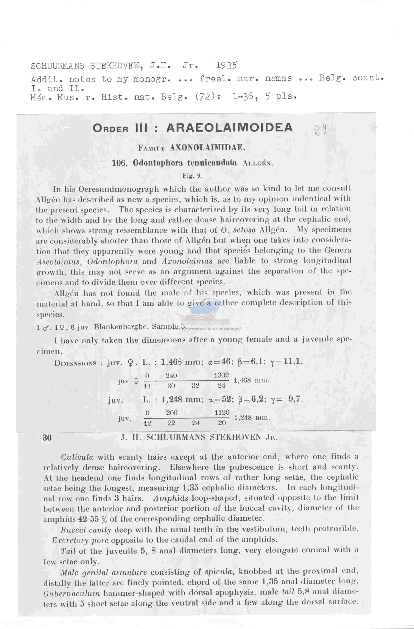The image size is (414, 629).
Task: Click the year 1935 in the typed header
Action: [x=226, y=65]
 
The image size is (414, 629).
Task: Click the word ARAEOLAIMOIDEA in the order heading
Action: [x=229, y=128]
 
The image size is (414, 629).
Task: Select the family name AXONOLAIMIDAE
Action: [x=207, y=148]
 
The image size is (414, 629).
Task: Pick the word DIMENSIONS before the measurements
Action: [x=75, y=363]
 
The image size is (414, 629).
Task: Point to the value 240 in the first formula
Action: [x=171, y=375]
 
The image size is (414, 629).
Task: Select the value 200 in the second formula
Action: [x=172, y=413]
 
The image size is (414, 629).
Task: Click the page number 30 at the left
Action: [x=47, y=438]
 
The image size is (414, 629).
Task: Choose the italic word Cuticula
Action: [x=77, y=457]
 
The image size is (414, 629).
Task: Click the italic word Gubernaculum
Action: [x=72, y=593]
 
